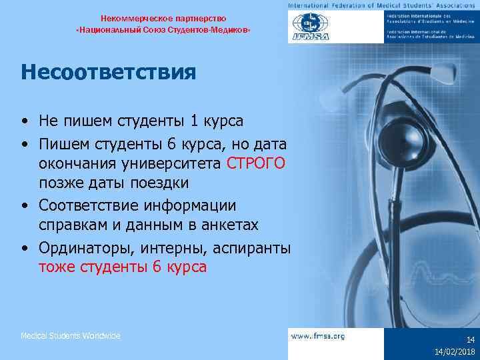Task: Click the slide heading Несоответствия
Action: pyautogui.click(x=108, y=71)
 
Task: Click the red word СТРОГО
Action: pyautogui.click(x=256, y=164)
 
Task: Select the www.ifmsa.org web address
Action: pyautogui.click(x=318, y=336)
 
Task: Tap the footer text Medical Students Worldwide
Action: pyautogui.click(x=71, y=336)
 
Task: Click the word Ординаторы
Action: pyautogui.click(x=82, y=249)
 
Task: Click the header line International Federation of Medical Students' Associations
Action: pyautogui.click(x=382, y=5)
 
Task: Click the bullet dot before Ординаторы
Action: pyautogui.click(x=24, y=249)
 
